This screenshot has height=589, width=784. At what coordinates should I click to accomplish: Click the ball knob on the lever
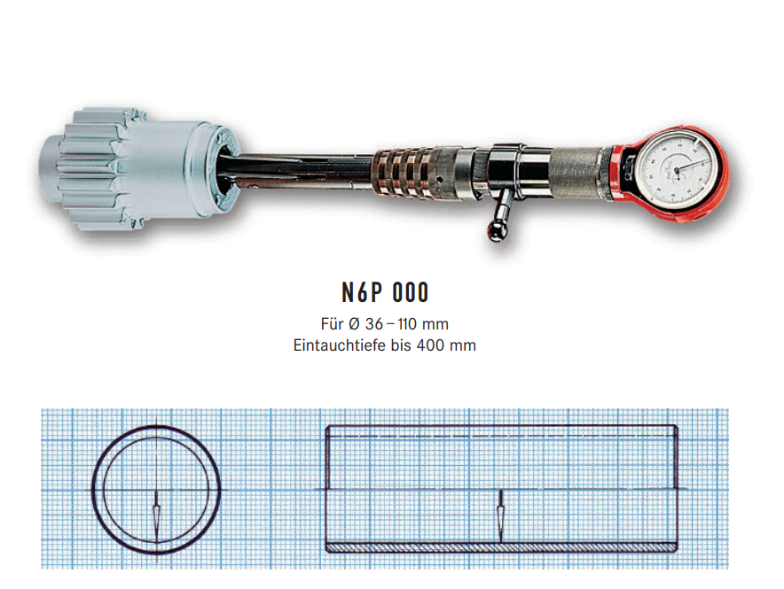496,230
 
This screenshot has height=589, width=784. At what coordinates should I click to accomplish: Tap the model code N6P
362,292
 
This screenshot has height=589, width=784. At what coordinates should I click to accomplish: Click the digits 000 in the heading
411,292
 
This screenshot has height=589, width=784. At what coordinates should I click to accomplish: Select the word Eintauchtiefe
340,345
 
